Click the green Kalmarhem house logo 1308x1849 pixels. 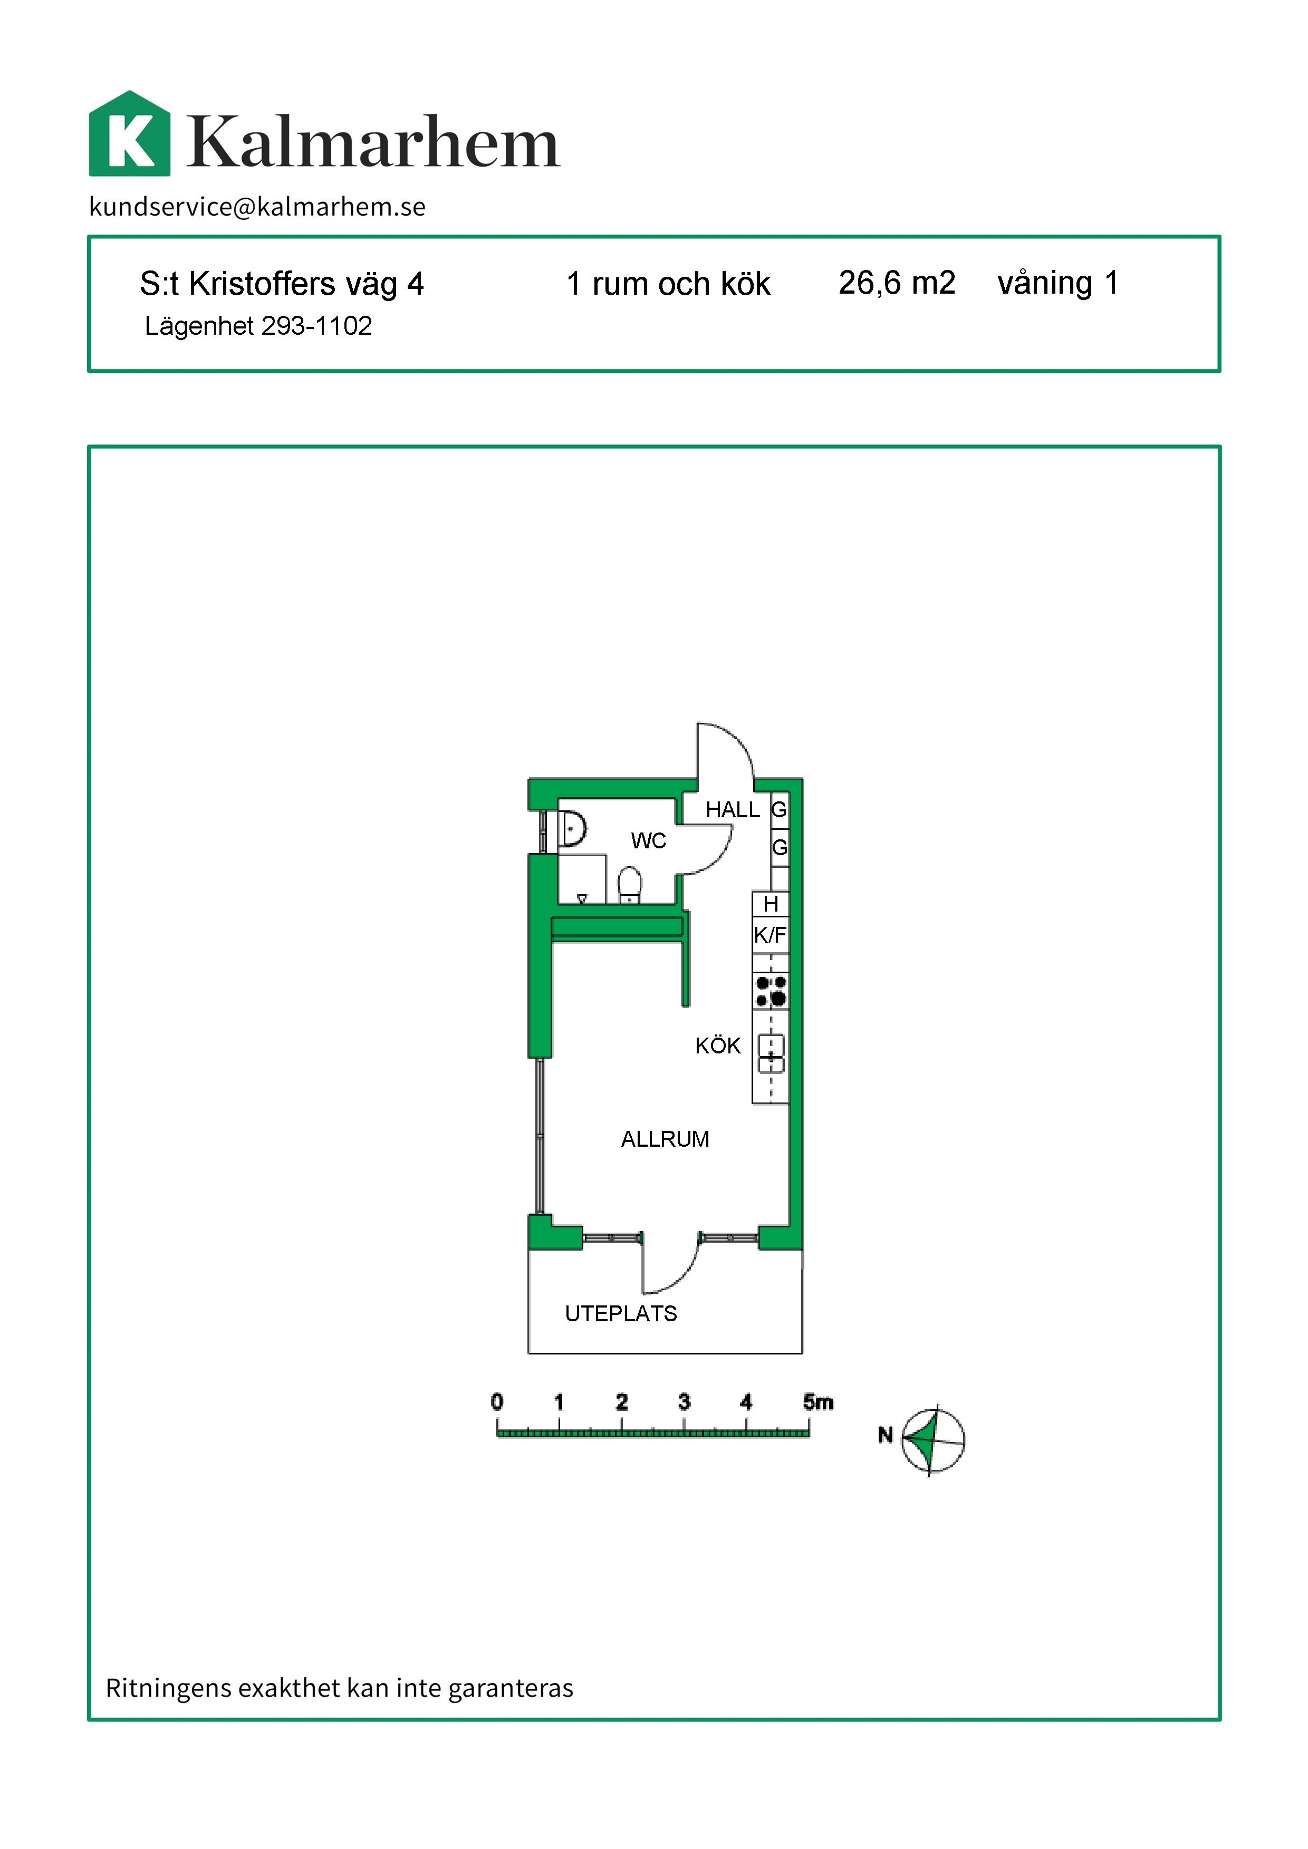(x=130, y=134)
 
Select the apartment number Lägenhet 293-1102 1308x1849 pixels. (x=258, y=326)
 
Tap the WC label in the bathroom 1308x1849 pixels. (x=648, y=841)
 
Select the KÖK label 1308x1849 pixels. (x=718, y=1045)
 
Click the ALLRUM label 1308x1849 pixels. (x=665, y=1139)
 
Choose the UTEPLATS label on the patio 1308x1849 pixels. (x=620, y=1313)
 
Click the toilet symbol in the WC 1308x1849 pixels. (x=630, y=885)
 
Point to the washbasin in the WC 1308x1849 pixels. (x=573, y=828)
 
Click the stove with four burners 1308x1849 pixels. (x=771, y=991)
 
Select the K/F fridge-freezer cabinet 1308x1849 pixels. (x=770, y=935)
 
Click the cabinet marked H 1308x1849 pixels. (x=771, y=904)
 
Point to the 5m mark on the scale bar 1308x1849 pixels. (x=818, y=1402)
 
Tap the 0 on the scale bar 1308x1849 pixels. (x=497, y=1402)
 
